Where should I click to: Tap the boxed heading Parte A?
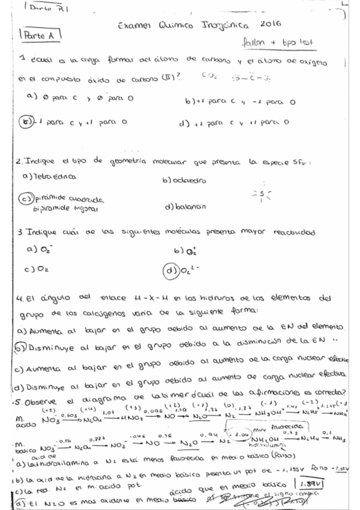(x=37, y=37)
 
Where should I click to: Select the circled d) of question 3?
(x=170, y=269)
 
